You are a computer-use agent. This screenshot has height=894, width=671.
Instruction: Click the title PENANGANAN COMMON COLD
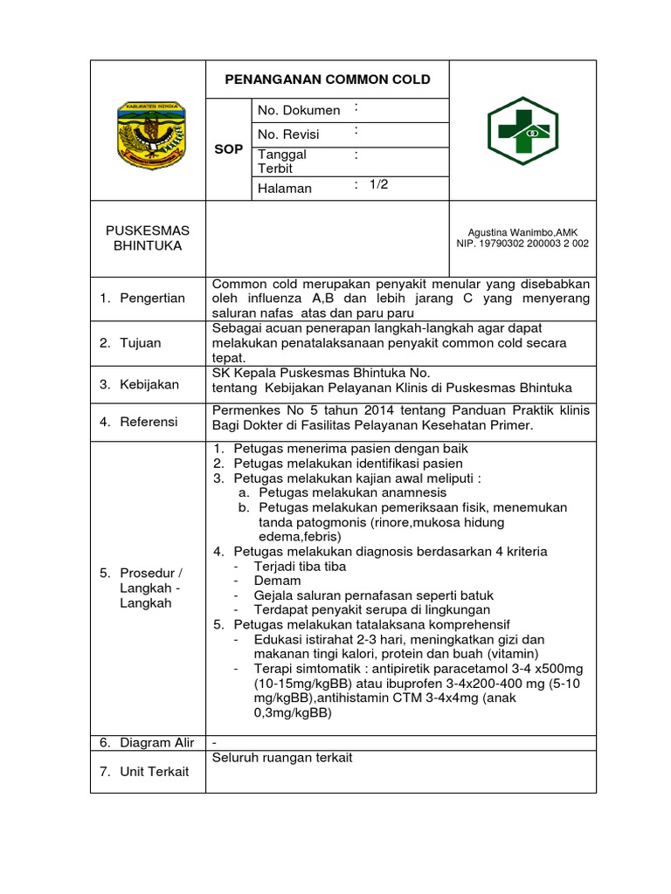328,79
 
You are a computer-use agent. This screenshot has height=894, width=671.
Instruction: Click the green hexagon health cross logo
522,131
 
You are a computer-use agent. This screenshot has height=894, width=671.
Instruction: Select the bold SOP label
228,149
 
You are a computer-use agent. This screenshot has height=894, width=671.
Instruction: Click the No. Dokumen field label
299,110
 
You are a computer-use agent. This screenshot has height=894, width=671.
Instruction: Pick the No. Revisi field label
289,134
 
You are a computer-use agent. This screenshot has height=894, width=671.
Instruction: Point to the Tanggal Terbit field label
282,161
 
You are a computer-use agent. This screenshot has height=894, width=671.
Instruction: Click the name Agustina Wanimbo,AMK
522,231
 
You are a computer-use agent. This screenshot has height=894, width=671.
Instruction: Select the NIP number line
522,244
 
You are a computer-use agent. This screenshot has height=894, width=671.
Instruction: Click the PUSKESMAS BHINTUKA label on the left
148,237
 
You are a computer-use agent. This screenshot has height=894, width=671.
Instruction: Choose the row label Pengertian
154,298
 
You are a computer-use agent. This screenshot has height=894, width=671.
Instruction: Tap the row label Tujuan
142,342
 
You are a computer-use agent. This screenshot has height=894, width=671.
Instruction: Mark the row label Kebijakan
150,384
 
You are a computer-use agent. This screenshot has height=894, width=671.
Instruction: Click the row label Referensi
150,422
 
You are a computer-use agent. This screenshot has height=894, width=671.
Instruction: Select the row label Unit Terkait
156,771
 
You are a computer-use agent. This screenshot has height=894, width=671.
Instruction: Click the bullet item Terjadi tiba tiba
300,566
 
